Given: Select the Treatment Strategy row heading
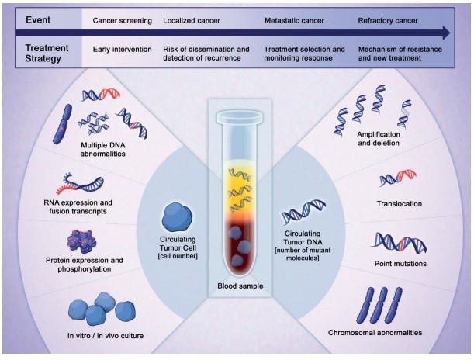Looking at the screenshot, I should [47, 54].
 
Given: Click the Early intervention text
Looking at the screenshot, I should [123, 49].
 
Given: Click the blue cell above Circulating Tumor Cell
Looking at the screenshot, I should [178, 215].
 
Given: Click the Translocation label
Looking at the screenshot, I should [400, 204].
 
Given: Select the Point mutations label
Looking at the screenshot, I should [400, 263].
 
